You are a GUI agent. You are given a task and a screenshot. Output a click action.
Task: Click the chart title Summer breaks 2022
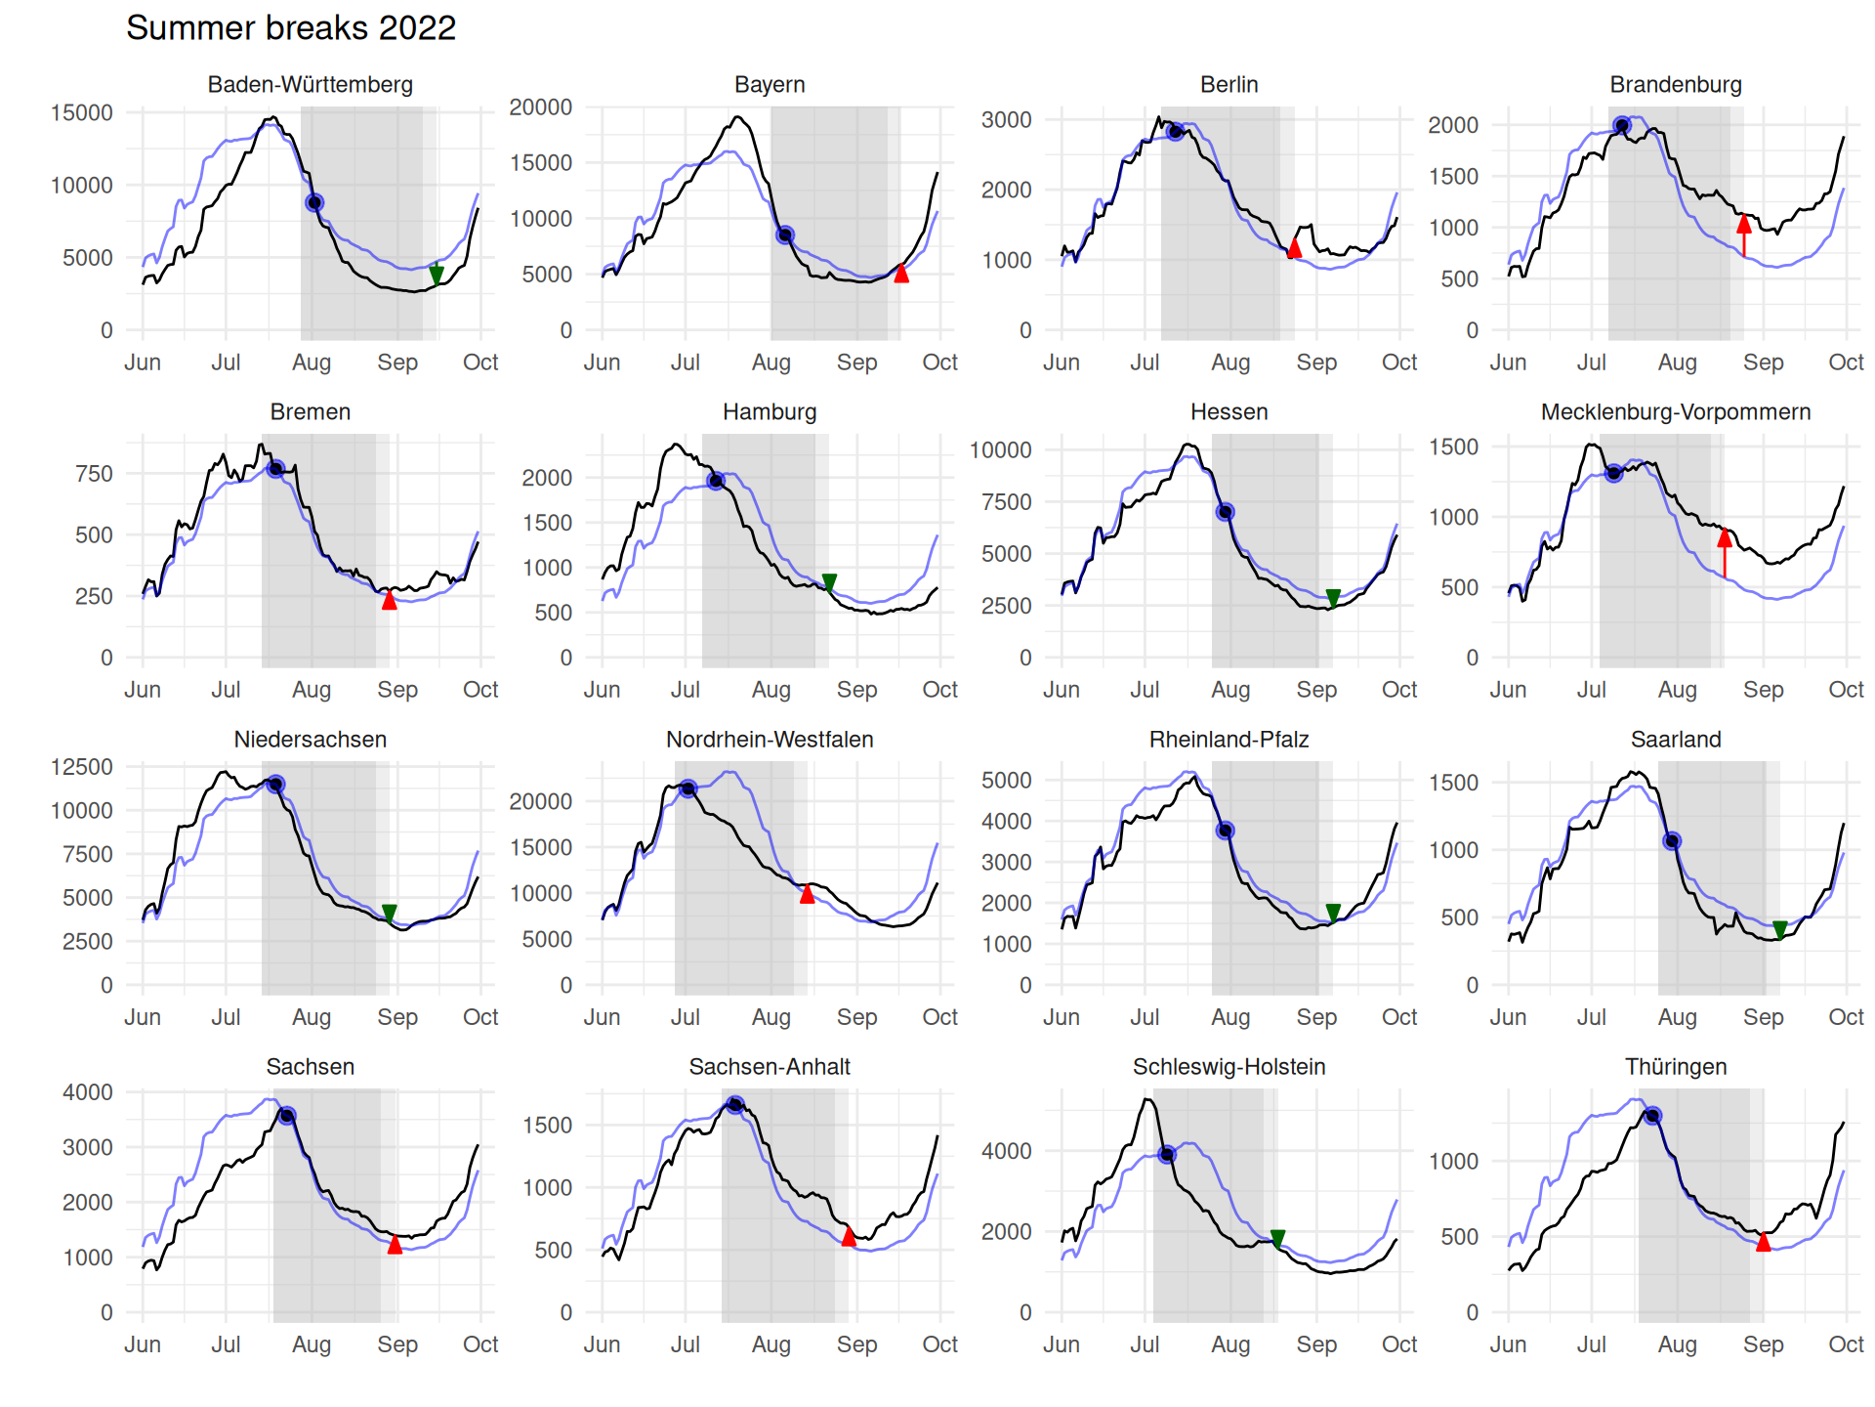pos(291,27)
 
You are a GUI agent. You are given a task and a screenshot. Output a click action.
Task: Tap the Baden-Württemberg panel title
pos(310,84)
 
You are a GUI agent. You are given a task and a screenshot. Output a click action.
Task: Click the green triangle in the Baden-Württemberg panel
pos(437,275)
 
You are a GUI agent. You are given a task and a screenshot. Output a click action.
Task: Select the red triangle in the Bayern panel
pos(901,274)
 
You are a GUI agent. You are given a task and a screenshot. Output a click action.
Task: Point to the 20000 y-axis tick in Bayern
pos(541,107)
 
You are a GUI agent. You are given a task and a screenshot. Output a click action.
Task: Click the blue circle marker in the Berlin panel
pos(1176,131)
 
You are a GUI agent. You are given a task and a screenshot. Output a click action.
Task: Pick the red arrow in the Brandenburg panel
pos(1744,234)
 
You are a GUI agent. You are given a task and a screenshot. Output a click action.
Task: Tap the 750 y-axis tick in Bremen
pos(94,474)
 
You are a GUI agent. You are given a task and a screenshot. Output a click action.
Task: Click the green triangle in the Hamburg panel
pos(829,582)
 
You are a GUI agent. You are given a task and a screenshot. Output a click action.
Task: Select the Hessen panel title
pos(1229,411)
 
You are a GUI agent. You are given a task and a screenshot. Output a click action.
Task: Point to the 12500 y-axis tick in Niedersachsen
pos(82,767)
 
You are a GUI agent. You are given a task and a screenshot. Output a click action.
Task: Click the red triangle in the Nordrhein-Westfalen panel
pos(807,894)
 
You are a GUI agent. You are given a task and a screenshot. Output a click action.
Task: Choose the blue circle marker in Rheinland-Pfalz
pos(1225,831)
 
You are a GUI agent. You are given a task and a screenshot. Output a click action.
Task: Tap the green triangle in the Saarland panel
pos(1780,929)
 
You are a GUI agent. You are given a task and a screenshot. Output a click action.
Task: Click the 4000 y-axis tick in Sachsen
pos(88,1091)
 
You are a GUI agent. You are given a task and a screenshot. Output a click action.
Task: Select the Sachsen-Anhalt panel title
pos(770,1066)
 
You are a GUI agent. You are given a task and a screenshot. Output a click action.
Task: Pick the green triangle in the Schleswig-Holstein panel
pos(1277,1238)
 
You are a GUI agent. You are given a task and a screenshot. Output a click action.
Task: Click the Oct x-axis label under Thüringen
pos(1846,1343)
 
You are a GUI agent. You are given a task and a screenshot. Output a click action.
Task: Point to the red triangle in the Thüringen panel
pos(1764,1242)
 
